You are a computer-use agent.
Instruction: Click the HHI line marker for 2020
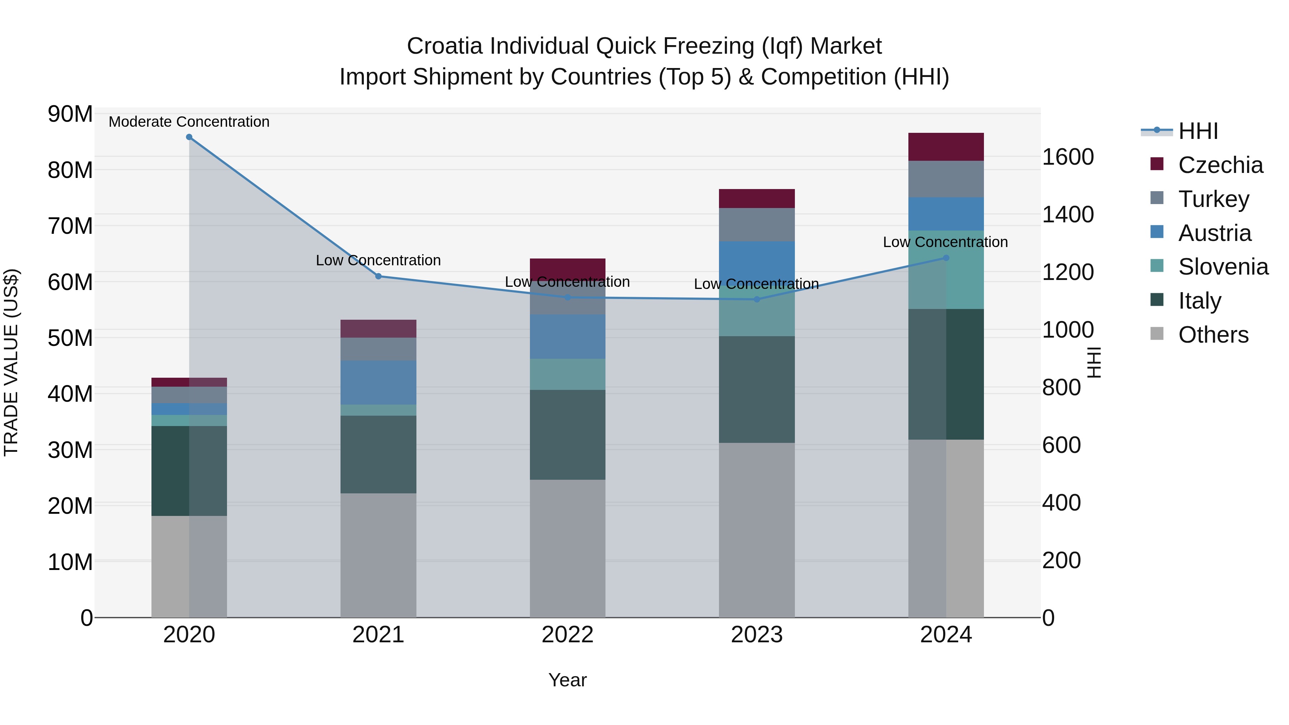(x=189, y=137)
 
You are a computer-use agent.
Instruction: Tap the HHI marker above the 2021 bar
(x=378, y=276)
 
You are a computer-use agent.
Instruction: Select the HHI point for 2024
(x=946, y=258)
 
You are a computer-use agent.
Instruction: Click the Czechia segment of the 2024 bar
(x=946, y=147)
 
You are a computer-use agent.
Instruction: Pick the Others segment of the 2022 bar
(x=568, y=548)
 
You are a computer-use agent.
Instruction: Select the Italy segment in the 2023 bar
(x=757, y=389)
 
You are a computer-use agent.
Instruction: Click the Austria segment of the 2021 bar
(x=378, y=383)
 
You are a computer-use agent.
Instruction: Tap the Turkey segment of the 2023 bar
(x=757, y=224)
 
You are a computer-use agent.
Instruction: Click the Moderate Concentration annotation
(x=189, y=122)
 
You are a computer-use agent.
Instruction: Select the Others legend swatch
(x=1157, y=333)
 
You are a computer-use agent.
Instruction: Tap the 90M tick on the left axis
(x=70, y=114)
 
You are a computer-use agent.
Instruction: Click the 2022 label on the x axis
(x=568, y=635)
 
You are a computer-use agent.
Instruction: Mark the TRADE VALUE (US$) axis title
(x=11, y=362)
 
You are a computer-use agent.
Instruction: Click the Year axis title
(x=568, y=680)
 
